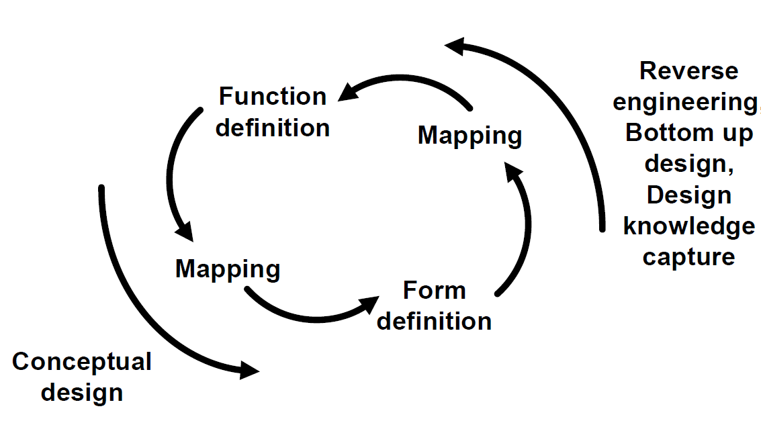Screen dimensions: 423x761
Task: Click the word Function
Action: (273, 97)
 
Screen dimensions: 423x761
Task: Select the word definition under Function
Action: (273, 128)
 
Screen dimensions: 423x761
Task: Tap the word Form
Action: (434, 291)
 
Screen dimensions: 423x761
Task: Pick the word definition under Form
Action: (434, 321)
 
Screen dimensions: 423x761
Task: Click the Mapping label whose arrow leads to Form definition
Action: (228, 269)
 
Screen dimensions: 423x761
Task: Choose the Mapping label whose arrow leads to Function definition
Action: (469, 136)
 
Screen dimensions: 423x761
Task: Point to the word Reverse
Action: (688, 71)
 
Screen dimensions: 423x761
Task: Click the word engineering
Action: (685, 103)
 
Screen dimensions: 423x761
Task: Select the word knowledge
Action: (689, 226)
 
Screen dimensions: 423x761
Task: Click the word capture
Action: (688, 256)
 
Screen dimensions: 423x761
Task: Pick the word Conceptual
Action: (82, 362)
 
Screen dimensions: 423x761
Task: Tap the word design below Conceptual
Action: (82, 392)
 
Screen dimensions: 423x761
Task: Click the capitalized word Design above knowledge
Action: (688, 195)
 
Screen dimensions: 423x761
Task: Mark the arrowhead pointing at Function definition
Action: (348, 92)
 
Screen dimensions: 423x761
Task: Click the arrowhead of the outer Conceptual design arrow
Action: (250, 370)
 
